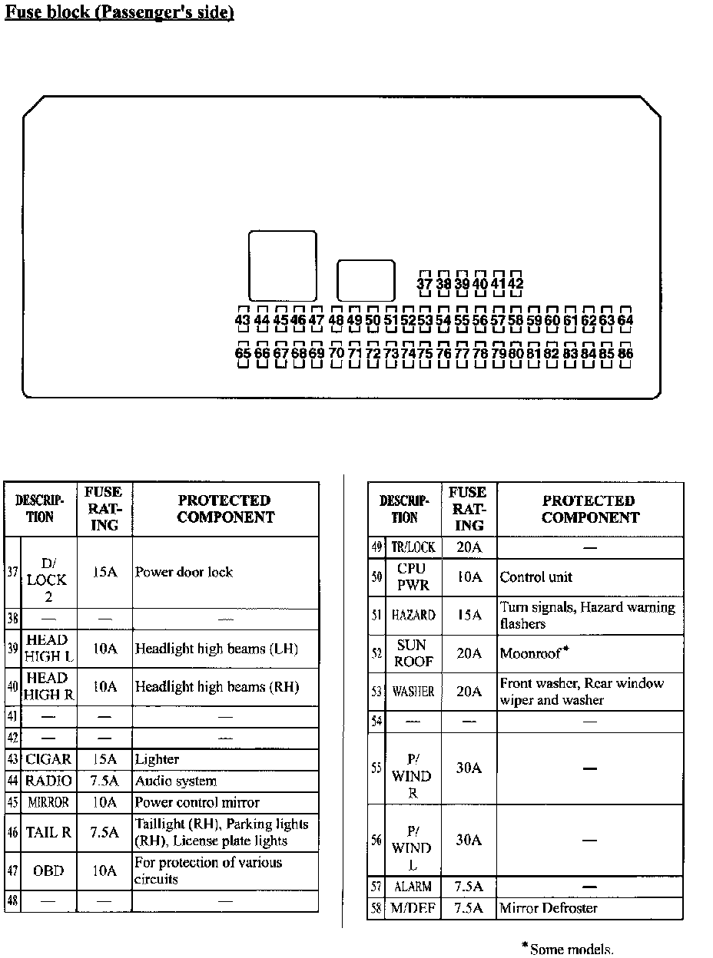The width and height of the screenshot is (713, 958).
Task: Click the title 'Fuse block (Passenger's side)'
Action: tap(119, 13)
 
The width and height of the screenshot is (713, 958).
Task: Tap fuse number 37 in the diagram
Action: tap(424, 284)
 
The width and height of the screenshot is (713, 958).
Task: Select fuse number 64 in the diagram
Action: tap(625, 320)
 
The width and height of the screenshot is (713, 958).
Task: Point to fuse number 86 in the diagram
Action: tap(625, 354)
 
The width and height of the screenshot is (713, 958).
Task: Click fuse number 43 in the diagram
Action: tap(243, 320)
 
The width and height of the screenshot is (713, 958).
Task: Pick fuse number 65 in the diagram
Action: tap(243, 354)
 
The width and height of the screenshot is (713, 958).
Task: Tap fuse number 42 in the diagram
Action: tap(516, 284)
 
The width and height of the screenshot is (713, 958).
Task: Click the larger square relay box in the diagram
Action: tap(283, 266)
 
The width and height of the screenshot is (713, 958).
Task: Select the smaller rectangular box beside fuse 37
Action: tap(366, 280)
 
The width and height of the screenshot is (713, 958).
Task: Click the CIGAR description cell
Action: tap(48, 759)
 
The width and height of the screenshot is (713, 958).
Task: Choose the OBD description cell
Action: tap(48, 870)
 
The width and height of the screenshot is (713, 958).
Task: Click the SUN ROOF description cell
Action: tap(414, 653)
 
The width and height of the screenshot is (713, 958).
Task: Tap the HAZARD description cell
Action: tap(413, 616)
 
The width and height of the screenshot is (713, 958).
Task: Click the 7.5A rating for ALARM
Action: tap(468, 887)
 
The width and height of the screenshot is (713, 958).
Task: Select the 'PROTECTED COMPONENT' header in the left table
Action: tap(225, 509)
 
